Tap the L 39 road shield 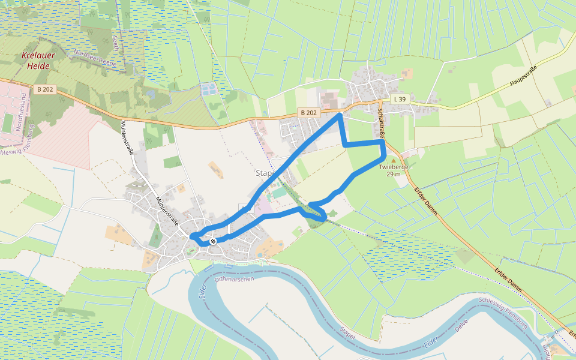(400, 98)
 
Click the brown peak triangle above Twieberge (394, 161)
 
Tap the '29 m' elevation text (394, 174)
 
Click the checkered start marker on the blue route (212, 241)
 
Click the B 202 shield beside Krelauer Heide (45, 89)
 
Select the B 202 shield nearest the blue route (308, 112)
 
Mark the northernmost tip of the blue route (340, 113)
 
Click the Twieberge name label (393, 167)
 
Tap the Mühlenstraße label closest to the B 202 (128, 137)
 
